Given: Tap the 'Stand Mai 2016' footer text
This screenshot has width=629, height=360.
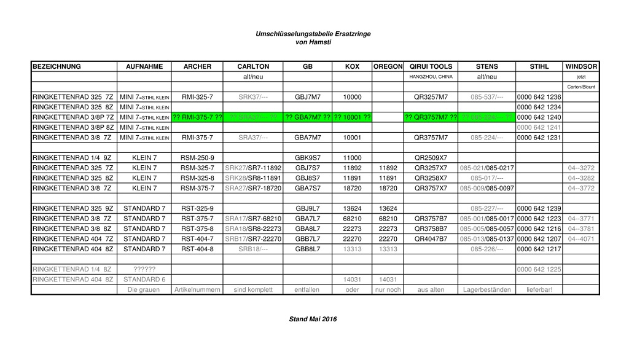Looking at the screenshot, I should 313,319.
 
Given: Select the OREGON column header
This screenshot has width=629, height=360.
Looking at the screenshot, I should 388,66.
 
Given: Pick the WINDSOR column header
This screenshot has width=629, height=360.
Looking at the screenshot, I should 581,66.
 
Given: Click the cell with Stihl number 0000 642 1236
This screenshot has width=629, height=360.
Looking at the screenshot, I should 539,97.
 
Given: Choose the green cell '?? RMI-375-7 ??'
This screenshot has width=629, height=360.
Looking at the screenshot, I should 197,117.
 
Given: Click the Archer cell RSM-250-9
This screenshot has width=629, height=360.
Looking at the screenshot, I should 197,157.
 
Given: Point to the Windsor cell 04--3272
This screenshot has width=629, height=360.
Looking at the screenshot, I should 581,168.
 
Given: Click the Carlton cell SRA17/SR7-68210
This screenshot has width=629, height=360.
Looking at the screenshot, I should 253,218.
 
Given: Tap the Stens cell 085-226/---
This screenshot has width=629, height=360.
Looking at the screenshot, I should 486,249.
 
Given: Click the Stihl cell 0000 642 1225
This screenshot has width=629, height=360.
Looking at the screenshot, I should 539,269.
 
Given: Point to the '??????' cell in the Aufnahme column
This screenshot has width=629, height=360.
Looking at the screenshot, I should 144,269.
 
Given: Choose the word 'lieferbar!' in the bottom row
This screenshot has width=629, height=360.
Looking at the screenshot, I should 539,289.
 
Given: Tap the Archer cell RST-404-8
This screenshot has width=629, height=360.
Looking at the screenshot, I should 197,249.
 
